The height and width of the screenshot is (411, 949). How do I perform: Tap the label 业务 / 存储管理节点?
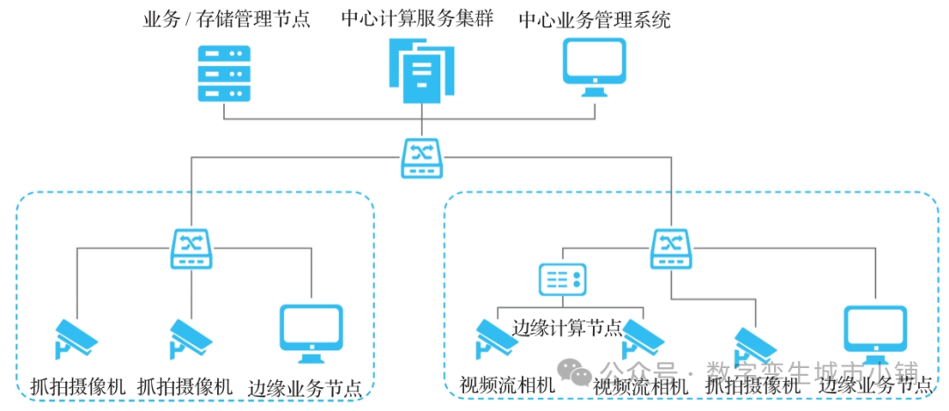pyautogui.click(x=227, y=18)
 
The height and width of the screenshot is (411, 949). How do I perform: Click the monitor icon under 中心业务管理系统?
pyautogui.click(x=594, y=68)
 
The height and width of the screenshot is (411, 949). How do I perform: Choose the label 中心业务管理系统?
pyautogui.click(x=594, y=18)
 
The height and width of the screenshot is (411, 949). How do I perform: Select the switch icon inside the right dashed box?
pyautogui.click(x=670, y=249)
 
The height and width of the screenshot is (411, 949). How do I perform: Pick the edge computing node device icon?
pyautogui.click(x=561, y=281)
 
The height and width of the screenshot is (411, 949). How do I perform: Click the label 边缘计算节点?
pyautogui.click(x=567, y=328)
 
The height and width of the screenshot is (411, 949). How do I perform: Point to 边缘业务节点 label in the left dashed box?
pyautogui.click(x=305, y=387)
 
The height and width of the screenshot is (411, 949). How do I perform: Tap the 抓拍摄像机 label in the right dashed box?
pyautogui.click(x=753, y=386)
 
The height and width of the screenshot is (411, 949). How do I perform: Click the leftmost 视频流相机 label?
pyautogui.click(x=507, y=386)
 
